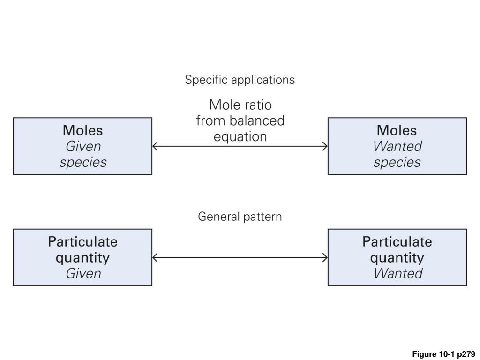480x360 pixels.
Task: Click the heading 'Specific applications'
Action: click(x=240, y=80)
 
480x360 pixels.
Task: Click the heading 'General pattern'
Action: click(x=240, y=217)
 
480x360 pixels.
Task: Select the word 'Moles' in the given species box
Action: click(x=82, y=130)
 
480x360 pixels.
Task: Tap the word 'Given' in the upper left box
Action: click(x=82, y=146)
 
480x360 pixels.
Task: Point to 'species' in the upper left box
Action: click(x=82, y=162)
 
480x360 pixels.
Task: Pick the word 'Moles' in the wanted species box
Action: click(x=397, y=130)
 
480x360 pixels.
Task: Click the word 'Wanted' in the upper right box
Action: click(x=397, y=146)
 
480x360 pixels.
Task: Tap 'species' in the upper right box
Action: click(x=397, y=162)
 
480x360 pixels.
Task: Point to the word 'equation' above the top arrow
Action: click(x=240, y=136)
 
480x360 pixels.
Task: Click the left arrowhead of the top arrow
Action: click(x=155, y=146)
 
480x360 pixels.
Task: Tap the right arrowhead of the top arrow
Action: click(x=325, y=146)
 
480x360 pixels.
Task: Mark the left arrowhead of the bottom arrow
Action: click(x=155, y=257)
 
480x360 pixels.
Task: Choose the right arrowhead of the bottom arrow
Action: click(x=325, y=257)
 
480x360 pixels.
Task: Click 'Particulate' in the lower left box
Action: click(x=82, y=241)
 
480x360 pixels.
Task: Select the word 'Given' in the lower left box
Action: click(x=82, y=273)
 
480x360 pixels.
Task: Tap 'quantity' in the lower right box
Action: click(x=397, y=258)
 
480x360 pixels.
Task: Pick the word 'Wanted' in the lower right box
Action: click(x=397, y=273)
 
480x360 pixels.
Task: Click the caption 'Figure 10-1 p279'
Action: click(x=443, y=354)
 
